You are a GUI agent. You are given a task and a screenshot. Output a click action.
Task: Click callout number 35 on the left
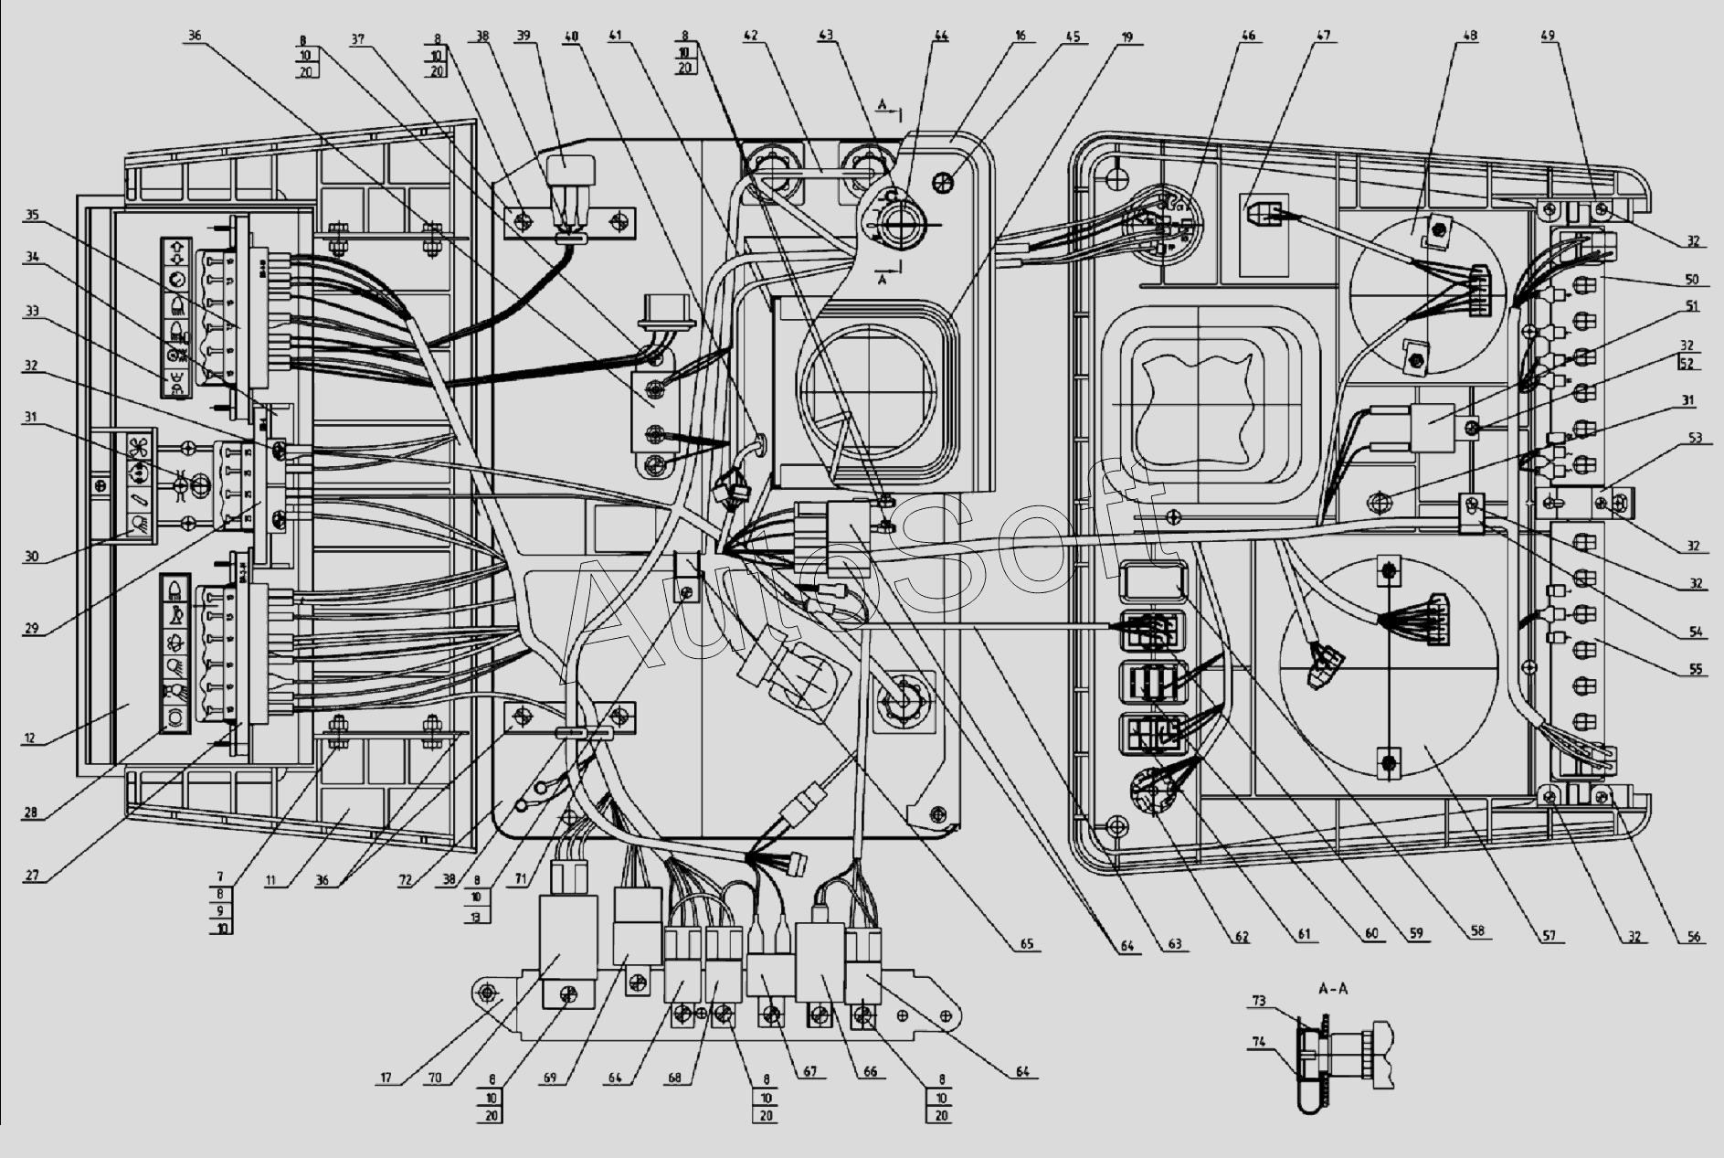tap(32, 217)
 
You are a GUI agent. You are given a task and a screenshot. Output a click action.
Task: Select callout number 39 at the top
tap(523, 37)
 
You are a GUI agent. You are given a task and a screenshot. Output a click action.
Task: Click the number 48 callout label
tap(1470, 37)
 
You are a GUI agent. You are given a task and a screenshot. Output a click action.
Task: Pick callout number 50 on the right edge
tap(1691, 279)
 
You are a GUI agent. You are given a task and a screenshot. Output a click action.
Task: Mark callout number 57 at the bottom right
tap(1549, 936)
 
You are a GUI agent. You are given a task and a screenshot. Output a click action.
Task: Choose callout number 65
tap(1027, 944)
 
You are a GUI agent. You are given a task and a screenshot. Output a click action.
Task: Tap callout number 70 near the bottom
tap(436, 1078)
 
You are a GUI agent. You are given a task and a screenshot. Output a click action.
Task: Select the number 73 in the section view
tap(1259, 1002)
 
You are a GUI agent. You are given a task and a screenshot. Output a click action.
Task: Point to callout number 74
tap(1259, 1042)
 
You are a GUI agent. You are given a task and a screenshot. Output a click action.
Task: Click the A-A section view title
tap(1333, 989)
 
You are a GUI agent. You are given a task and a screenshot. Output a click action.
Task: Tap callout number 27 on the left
tap(32, 876)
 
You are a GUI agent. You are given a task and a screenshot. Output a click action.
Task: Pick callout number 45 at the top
tap(1072, 37)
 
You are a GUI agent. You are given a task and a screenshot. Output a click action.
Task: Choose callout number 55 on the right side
tap(1695, 670)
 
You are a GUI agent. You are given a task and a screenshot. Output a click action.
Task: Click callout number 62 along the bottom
tap(1240, 937)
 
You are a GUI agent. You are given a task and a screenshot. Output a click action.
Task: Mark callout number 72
tap(405, 880)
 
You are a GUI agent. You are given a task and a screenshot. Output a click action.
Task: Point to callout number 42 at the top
tap(750, 37)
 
